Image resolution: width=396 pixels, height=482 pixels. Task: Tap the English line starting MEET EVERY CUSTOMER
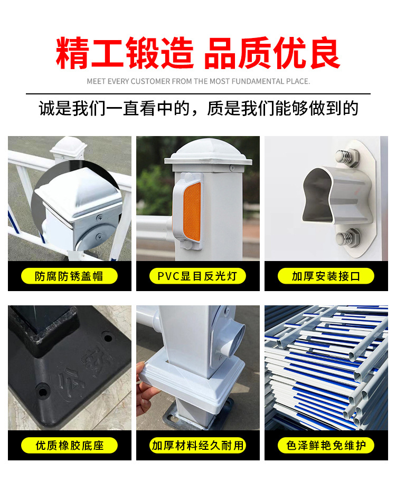(198, 82)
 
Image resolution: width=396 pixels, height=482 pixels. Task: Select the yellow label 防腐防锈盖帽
(69, 276)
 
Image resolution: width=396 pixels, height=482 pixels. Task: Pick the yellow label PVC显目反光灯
(197, 276)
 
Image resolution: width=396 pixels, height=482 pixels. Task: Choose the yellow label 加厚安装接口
(326, 276)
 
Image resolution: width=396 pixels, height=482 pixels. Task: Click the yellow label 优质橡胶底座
(69, 446)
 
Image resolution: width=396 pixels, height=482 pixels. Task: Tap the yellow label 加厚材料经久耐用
(197, 446)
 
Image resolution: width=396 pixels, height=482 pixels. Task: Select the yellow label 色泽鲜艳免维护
(326, 446)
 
